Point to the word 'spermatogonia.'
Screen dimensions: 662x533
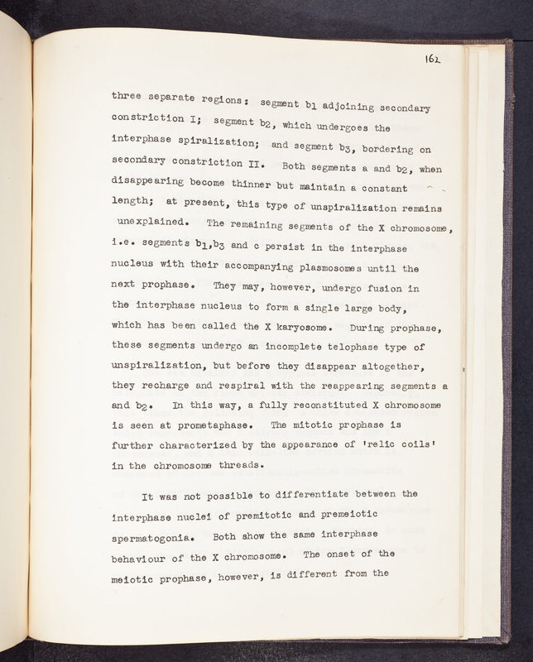[x=152, y=536]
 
